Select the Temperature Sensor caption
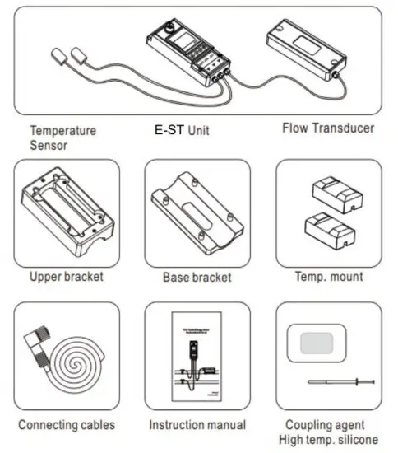(x=63, y=138)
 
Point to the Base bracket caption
(x=197, y=278)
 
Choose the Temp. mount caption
(x=329, y=277)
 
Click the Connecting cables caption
(x=66, y=425)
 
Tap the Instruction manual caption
(x=197, y=425)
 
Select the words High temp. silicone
(x=331, y=438)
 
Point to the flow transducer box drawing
(x=302, y=48)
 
